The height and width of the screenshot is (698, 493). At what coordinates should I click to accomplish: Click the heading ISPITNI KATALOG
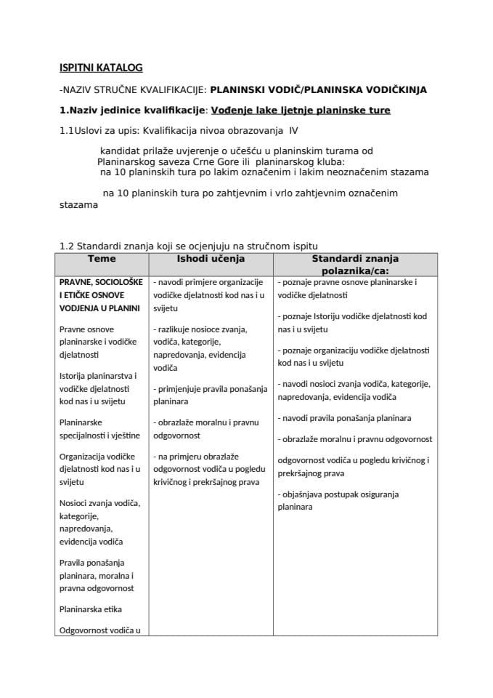(x=101, y=68)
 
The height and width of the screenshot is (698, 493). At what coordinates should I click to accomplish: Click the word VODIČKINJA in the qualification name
(x=397, y=90)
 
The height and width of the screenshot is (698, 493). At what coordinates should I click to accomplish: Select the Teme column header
(x=102, y=259)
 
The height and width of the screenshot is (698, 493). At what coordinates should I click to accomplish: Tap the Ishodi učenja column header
(x=211, y=259)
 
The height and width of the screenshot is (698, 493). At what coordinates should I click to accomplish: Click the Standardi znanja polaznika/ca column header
(x=355, y=264)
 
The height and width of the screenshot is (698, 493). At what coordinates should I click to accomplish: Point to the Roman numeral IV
(x=293, y=132)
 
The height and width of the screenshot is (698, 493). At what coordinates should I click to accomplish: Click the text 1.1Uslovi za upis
(x=99, y=132)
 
